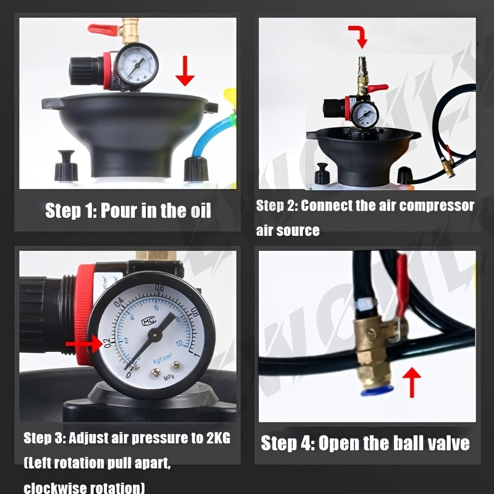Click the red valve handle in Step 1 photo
102,28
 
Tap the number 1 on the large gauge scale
196,354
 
